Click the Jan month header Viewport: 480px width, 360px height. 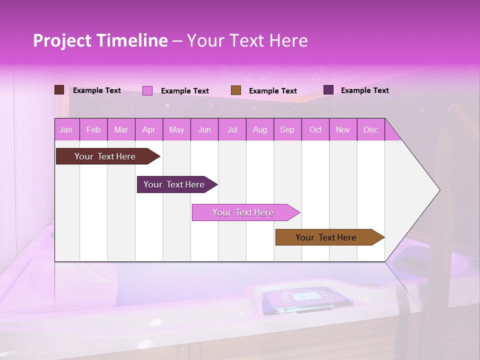(66, 130)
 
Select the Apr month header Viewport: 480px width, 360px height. (149, 130)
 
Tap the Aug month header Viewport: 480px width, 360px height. (260, 130)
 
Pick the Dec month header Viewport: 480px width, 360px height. (370, 130)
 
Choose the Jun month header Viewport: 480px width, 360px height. (204, 130)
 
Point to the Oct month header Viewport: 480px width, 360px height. (315, 130)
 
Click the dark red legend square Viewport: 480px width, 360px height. (59, 90)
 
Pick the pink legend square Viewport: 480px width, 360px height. (147, 90)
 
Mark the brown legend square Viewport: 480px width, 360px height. (236, 90)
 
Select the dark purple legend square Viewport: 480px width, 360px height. (328, 90)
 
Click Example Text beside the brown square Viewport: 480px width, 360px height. (272, 91)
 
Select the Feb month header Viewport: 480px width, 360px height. (93, 130)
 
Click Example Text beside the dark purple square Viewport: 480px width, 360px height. (364, 90)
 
